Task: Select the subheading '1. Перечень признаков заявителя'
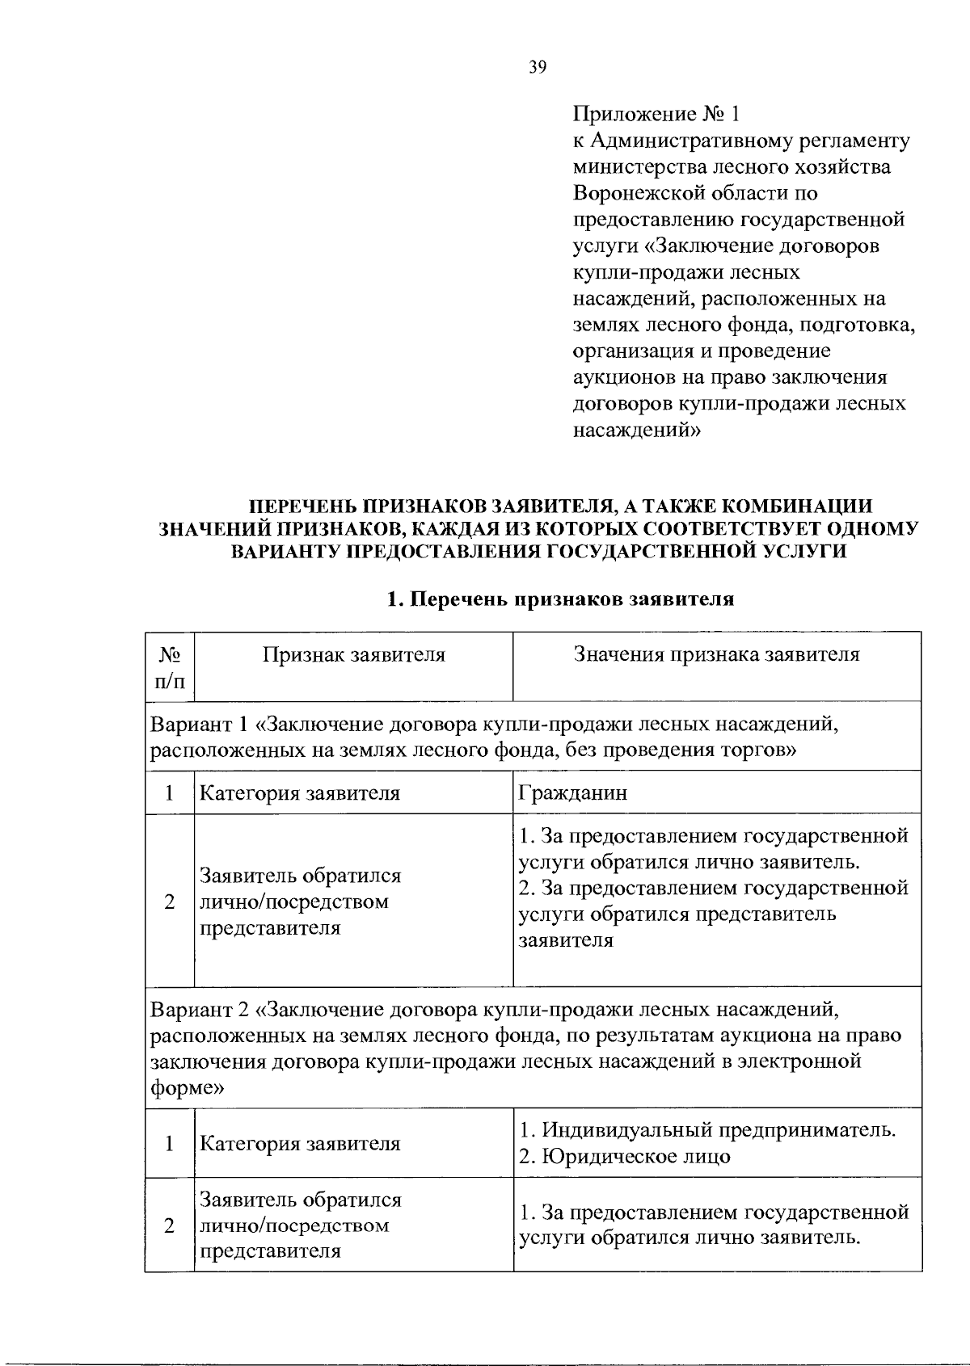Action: coord(560,599)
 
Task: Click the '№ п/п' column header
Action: coord(170,666)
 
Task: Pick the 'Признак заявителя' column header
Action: coord(353,654)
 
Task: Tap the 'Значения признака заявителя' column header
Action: coord(716,654)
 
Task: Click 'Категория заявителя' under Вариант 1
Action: coord(300,793)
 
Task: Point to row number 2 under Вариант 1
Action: coord(170,902)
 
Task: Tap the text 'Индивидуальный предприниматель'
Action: coord(718,1129)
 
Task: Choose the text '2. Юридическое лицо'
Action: coord(624,1157)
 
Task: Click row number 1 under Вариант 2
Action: coord(170,1144)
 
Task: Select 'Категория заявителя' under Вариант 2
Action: coord(300,1144)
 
